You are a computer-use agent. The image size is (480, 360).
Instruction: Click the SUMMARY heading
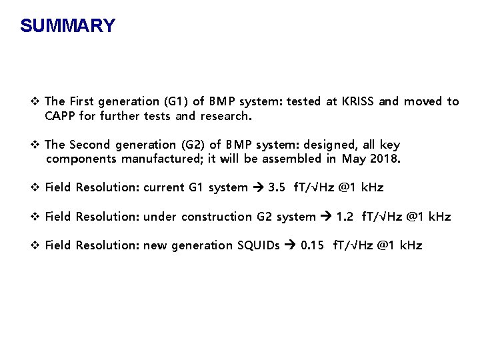pyautogui.click(x=67, y=26)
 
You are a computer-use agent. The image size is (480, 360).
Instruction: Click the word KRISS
pyautogui.click(x=359, y=101)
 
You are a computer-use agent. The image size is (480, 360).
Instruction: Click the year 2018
pyautogui.click(x=387, y=159)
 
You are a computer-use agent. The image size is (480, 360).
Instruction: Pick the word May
pyautogui.click(x=353, y=159)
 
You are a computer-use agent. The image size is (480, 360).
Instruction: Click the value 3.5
pyautogui.click(x=277, y=187)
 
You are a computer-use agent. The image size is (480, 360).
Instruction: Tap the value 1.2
pyautogui.click(x=345, y=217)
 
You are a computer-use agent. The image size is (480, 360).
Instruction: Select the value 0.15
pyautogui.click(x=313, y=245)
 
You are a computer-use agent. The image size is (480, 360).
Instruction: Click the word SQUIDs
pyautogui.click(x=259, y=245)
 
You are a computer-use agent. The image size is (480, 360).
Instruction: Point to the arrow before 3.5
pyautogui.click(x=257, y=187)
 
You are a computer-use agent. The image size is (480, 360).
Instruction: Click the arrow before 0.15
pyautogui.click(x=290, y=245)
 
